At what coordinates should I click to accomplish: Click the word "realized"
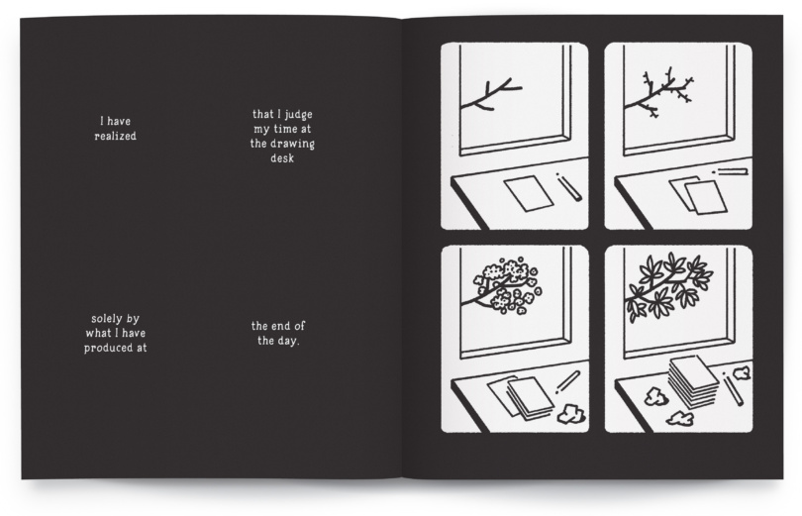[x=115, y=137]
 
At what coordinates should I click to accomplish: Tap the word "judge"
[x=299, y=115]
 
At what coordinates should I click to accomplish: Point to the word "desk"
[x=282, y=158]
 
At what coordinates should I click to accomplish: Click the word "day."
[x=289, y=341]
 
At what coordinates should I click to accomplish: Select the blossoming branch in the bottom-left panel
[x=503, y=286]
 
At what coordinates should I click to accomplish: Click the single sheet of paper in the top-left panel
[x=529, y=193]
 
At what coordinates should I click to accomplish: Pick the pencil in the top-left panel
[x=569, y=186]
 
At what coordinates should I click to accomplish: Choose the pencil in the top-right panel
[x=731, y=171]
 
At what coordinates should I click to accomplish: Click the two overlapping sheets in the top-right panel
[x=697, y=195]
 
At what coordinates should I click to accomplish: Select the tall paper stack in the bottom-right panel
[x=693, y=382]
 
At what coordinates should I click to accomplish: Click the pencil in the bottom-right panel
[x=734, y=389]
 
